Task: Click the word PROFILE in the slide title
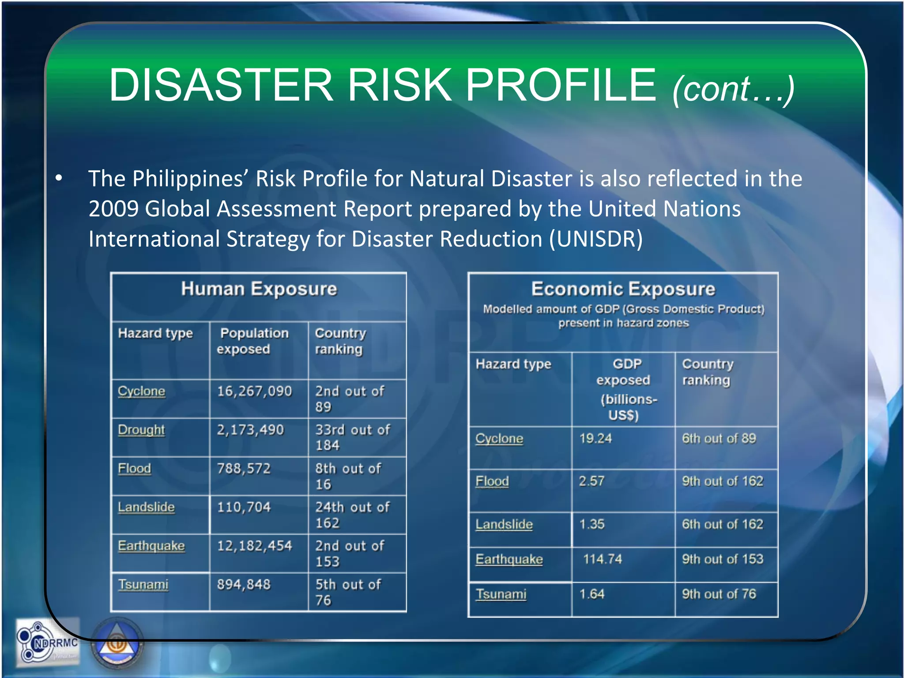pyautogui.click(x=561, y=85)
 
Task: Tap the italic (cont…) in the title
pyautogui.click(x=733, y=89)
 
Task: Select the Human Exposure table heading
pyautogui.click(x=259, y=289)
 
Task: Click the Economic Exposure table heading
pyautogui.click(x=623, y=289)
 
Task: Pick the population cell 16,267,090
pyautogui.click(x=254, y=391)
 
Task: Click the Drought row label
pyautogui.click(x=141, y=429)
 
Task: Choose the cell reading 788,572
pyautogui.click(x=244, y=468)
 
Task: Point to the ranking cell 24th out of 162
pyautogui.click(x=352, y=515)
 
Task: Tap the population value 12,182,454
pyautogui.click(x=254, y=546)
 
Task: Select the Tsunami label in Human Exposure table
pyautogui.click(x=143, y=584)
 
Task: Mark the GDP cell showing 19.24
pyautogui.click(x=595, y=438)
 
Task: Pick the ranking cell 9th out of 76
pyautogui.click(x=719, y=594)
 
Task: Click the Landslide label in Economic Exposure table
pyautogui.click(x=504, y=524)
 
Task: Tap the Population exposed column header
pyautogui.click(x=253, y=341)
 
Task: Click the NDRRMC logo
pyautogui.click(x=48, y=643)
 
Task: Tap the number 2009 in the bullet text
pyautogui.click(x=113, y=209)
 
